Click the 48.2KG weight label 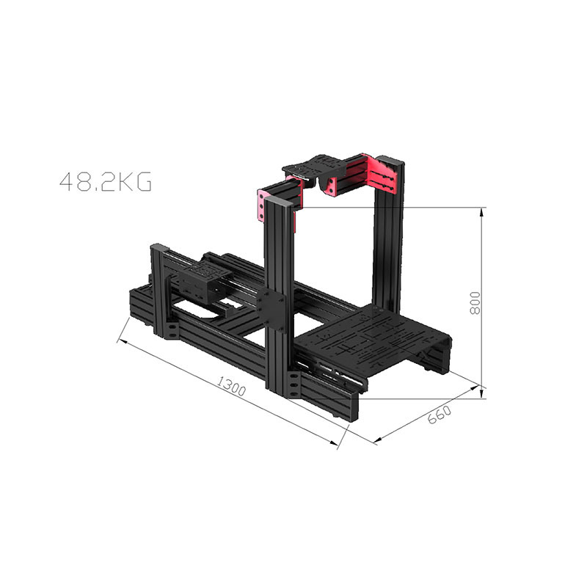106,181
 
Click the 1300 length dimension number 232,386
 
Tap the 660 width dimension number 439,415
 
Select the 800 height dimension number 474,303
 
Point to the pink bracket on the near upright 261,205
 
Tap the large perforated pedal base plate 374,336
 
